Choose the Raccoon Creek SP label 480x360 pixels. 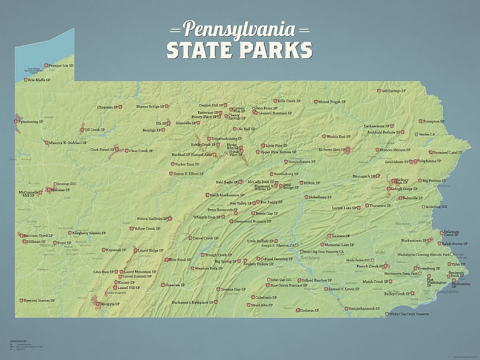click(38, 236)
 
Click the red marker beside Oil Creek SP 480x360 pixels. click(83, 130)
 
